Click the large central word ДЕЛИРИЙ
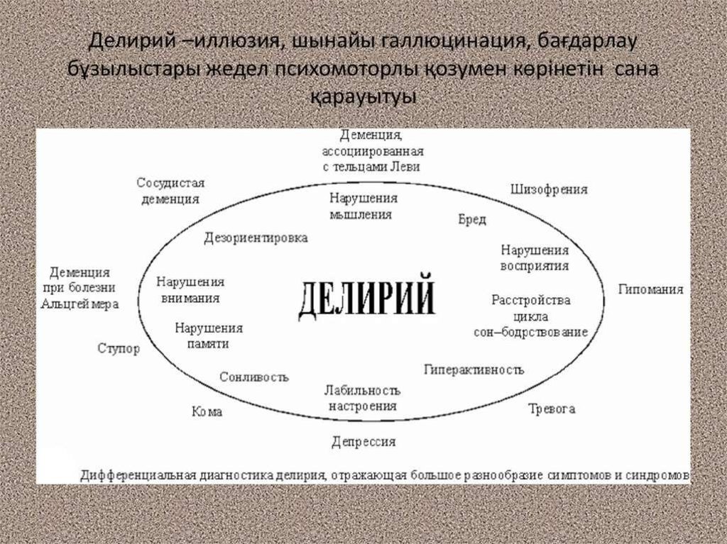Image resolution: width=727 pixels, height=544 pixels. click(x=366, y=299)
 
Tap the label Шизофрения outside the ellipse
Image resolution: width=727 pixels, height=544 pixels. click(x=549, y=189)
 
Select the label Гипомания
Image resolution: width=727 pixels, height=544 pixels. click(x=650, y=289)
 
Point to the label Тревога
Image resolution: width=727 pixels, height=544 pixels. click(x=552, y=409)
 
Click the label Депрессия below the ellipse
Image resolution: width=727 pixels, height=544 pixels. click(x=363, y=442)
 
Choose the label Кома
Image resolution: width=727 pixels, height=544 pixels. click(x=207, y=411)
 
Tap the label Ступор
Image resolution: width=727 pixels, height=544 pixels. click(x=119, y=349)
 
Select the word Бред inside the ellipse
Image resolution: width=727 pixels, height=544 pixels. click(x=472, y=220)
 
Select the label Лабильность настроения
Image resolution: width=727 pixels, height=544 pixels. click(x=362, y=399)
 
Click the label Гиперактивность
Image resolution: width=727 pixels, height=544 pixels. click(x=474, y=370)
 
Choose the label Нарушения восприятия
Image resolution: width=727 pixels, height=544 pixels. click(x=535, y=259)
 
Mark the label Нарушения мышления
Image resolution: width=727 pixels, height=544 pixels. click(x=363, y=206)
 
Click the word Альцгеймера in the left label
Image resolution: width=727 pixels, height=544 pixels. click(x=80, y=304)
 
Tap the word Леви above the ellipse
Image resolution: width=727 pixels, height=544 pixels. click(x=406, y=167)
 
